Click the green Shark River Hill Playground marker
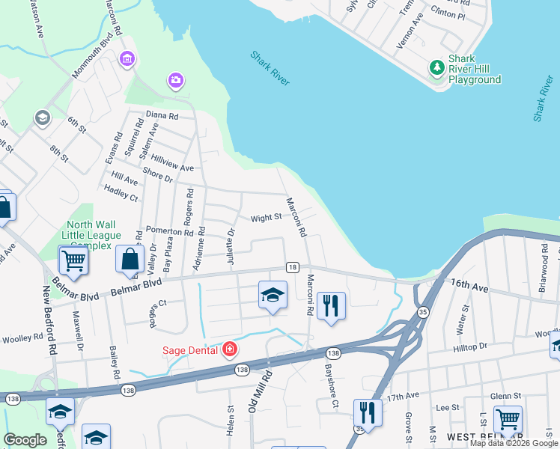click(436, 69)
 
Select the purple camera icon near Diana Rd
click(176, 79)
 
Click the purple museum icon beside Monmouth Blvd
click(127, 58)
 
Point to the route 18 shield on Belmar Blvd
click(293, 267)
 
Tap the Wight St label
click(266, 218)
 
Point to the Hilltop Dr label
click(470, 346)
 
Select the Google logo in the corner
click(25, 440)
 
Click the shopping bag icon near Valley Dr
click(130, 259)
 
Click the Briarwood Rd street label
click(544, 255)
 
